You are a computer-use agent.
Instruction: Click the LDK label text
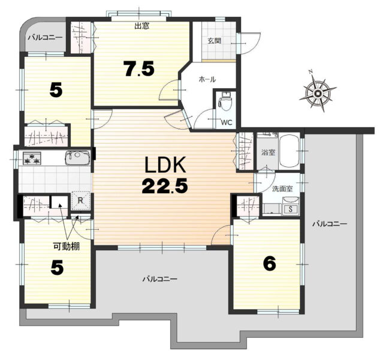(x=165, y=164)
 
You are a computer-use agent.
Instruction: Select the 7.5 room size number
(x=138, y=68)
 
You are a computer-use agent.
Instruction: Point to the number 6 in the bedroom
(x=270, y=263)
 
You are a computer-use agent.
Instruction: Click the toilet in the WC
(x=225, y=101)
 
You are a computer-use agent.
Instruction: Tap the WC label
(x=227, y=122)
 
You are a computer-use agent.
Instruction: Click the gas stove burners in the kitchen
(x=32, y=158)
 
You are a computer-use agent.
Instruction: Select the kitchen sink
(x=77, y=157)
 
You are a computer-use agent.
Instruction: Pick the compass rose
(x=318, y=92)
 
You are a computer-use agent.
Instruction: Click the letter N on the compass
(x=310, y=71)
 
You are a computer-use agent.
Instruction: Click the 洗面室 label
(x=282, y=188)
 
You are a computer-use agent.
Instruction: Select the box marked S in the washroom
(x=290, y=209)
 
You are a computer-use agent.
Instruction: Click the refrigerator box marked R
(x=81, y=200)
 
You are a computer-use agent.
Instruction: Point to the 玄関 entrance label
(x=215, y=41)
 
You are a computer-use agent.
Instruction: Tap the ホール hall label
(x=207, y=79)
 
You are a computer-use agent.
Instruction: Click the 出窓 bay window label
(x=142, y=26)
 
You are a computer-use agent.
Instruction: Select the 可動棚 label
(x=67, y=247)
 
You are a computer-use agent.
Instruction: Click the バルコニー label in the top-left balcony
(x=46, y=38)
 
